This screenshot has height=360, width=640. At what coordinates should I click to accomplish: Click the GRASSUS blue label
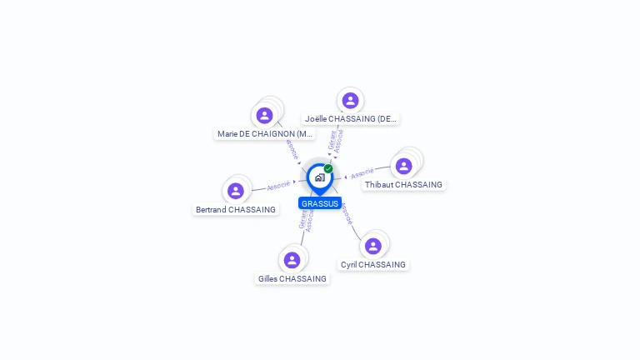(320, 203)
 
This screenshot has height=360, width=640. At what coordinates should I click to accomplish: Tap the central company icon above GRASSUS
(319, 177)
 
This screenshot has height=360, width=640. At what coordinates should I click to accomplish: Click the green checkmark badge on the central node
(328, 168)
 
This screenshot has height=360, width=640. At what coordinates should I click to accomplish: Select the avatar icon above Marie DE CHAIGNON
(265, 115)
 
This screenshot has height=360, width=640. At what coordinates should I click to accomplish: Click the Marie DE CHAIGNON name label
(265, 133)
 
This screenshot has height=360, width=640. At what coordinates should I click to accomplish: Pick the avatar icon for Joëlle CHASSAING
(350, 100)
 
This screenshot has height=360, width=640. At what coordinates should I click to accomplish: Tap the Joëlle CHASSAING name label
(351, 118)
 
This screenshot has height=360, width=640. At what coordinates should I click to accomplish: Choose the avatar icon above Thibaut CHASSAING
(404, 166)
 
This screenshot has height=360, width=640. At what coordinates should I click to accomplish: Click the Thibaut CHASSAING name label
(403, 184)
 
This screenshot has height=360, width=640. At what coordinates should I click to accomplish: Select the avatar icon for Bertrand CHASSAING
(236, 191)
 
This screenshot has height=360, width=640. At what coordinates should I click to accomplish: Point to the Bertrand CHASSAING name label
(235, 209)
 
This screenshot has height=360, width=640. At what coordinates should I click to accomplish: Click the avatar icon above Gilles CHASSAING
(292, 260)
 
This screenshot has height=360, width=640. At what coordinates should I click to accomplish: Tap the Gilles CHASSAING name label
(292, 278)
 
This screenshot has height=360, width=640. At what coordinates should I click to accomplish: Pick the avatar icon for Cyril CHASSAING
(373, 246)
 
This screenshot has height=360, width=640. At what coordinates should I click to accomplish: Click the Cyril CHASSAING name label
(373, 264)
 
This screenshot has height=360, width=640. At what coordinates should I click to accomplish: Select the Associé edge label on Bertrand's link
(278, 185)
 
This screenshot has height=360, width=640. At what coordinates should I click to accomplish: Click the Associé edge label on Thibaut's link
(362, 174)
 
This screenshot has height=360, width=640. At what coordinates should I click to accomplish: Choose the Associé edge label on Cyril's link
(347, 214)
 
